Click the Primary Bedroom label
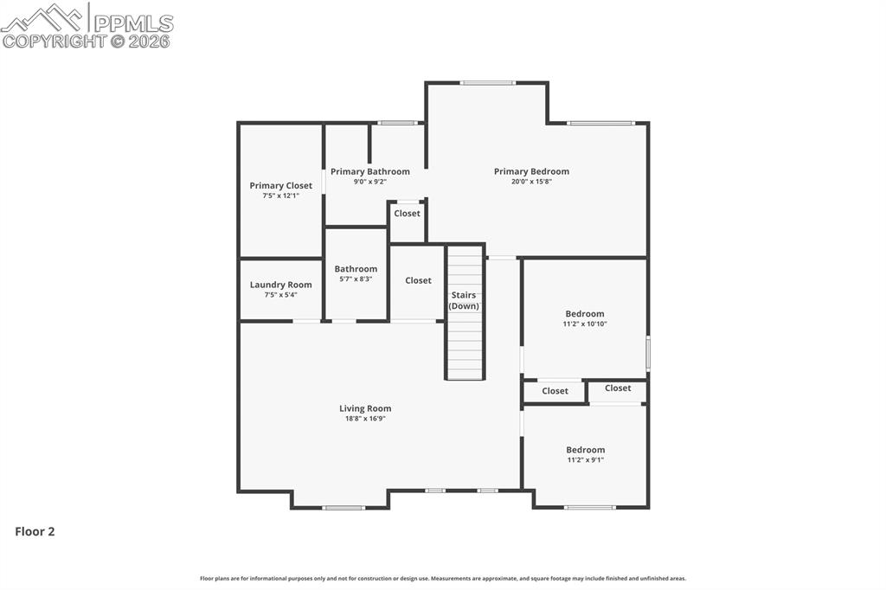(x=531, y=171)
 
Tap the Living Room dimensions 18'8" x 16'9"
(x=365, y=419)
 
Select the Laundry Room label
(x=280, y=285)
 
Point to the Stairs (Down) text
(x=464, y=300)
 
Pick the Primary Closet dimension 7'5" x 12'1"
(x=280, y=196)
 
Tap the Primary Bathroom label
(x=369, y=171)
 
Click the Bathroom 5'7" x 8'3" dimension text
(x=356, y=279)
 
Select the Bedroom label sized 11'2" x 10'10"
(x=585, y=314)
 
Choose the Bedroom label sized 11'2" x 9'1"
(x=585, y=450)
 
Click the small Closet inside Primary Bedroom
(x=407, y=214)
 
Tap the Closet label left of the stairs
(x=418, y=280)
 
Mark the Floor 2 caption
(x=35, y=532)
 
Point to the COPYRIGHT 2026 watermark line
(x=87, y=41)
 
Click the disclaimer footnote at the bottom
(x=442, y=579)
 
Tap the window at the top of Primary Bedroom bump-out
(x=487, y=83)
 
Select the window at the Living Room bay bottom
(x=343, y=508)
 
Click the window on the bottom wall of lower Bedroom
(x=589, y=507)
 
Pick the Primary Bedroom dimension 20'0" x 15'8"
(x=531, y=182)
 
